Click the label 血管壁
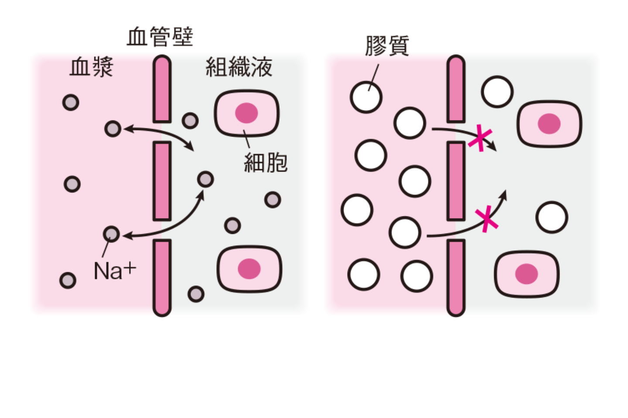click(x=160, y=37)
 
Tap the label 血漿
click(x=92, y=68)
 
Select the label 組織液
click(x=239, y=67)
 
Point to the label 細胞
click(x=266, y=163)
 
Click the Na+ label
click(x=115, y=271)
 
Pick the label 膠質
click(x=387, y=46)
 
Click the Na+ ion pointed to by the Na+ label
click(x=111, y=234)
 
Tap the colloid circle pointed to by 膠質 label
click(x=366, y=97)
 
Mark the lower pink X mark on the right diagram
click(x=486, y=219)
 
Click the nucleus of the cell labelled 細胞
click(x=246, y=113)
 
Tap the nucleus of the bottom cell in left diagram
click(x=249, y=268)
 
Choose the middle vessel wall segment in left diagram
click(x=162, y=181)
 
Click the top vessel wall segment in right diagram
click(x=456, y=89)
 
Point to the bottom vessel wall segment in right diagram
click(x=456, y=277)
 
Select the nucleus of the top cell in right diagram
click(x=549, y=123)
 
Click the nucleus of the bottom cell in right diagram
click(x=526, y=274)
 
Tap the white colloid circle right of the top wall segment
click(x=497, y=92)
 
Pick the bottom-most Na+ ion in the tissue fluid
click(x=196, y=294)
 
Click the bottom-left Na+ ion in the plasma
click(x=68, y=280)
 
